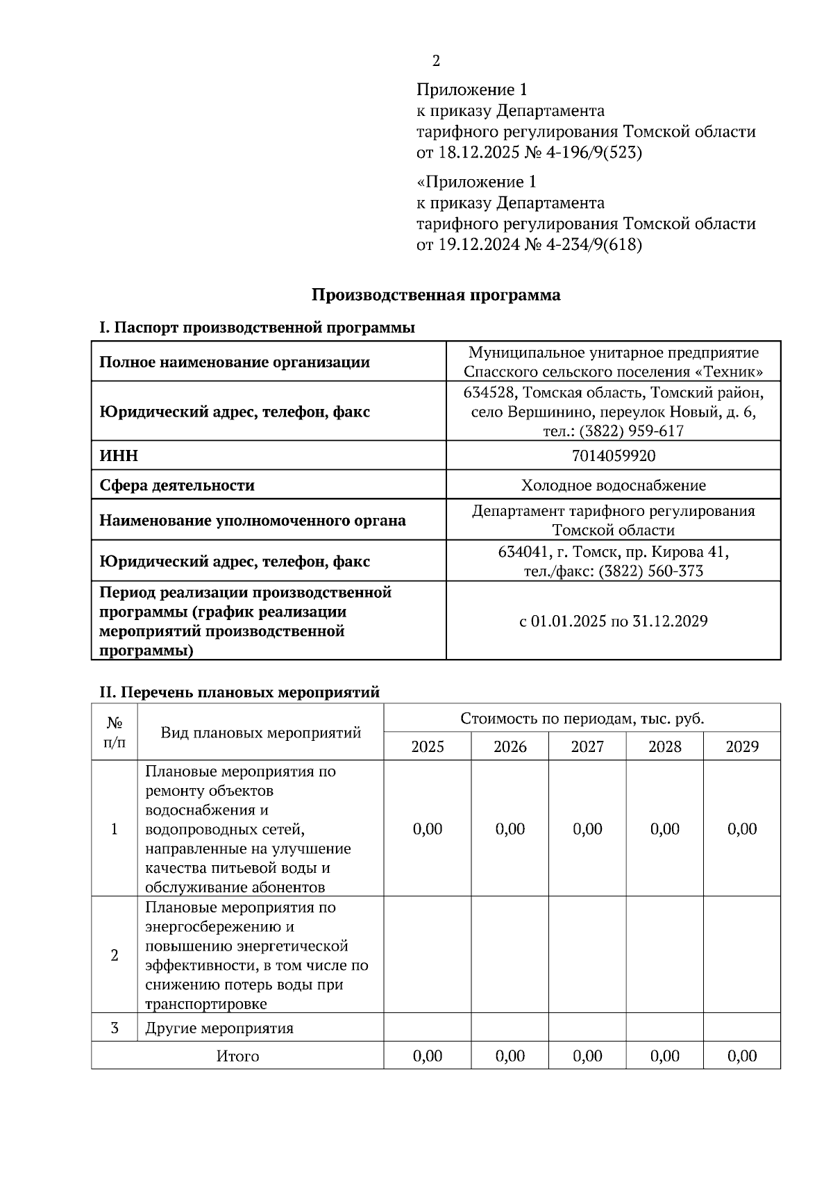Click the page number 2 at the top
pyautogui.click(x=436, y=61)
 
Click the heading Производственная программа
pyautogui.click(x=436, y=295)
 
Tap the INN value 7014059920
pyautogui.click(x=614, y=455)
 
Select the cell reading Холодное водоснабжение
pyautogui.click(x=614, y=485)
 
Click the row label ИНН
pyautogui.click(x=119, y=455)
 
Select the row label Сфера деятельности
pyautogui.click(x=177, y=485)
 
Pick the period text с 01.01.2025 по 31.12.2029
pyautogui.click(x=614, y=621)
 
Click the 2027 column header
pyautogui.click(x=587, y=747)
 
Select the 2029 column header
pyautogui.click(x=742, y=747)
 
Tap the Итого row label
pyautogui.click(x=237, y=1056)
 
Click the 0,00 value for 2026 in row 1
pyautogui.click(x=510, y=829)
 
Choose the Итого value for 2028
pyautogui.click(x=665, y=1056)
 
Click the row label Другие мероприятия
pyautogui.click(x=219, y=1028)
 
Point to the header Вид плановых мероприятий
pyautogui.click(x=261, y=733)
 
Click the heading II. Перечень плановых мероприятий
pyautogui.click(x=239, y=692)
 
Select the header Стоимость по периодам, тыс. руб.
pyautogui.click(x=582, y=719)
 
